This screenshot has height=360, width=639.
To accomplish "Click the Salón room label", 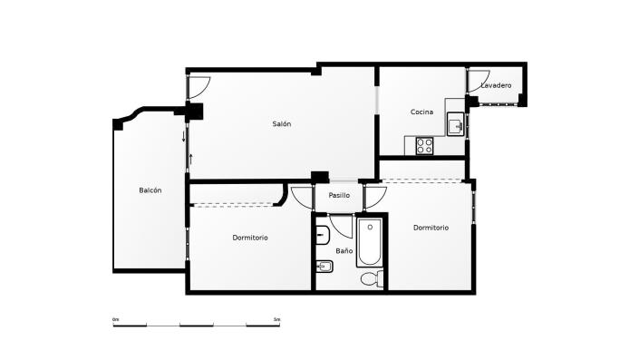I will point(282,123).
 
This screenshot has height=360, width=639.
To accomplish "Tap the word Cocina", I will point(421,112).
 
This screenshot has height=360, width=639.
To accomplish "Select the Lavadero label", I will point(497,85).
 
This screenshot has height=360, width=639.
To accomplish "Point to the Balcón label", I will point(150,190).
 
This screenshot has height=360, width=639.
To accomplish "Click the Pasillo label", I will point(339,196).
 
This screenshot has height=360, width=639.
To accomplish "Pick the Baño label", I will point(344,249).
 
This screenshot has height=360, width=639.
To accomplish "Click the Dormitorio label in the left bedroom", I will point(250,238).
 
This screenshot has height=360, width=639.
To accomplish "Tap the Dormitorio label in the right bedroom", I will point(431,228).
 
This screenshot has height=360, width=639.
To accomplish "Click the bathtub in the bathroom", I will point(369,243).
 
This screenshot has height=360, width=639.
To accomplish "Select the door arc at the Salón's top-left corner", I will point(200,86).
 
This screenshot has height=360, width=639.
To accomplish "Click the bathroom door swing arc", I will point(342,224).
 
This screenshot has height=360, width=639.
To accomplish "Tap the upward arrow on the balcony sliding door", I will point(191,159).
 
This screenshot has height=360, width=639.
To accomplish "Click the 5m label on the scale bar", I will point(276,320).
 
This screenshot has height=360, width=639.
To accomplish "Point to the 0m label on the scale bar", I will point(116,320).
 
